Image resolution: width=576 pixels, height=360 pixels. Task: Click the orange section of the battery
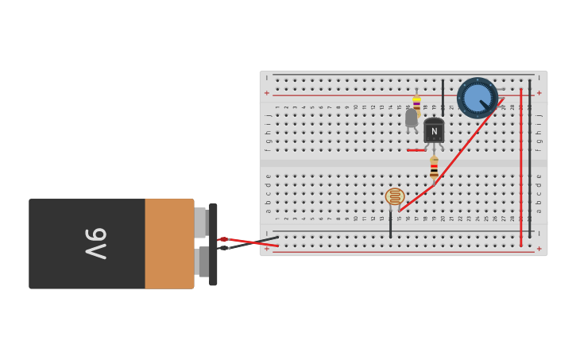pyautogui.click(x=169, y=243)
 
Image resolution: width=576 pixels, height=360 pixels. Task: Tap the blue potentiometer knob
pyautogui.click(x=477, y=97)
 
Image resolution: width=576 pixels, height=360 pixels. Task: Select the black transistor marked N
pyautogui.click(x=434, y=130)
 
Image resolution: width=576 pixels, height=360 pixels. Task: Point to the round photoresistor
pyautogui.click(x=395, y=196)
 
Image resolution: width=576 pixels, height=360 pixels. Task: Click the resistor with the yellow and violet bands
pyautogui.click(x=416, y=103)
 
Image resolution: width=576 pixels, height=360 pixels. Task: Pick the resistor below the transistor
pyautogui.click(x=434, y=168)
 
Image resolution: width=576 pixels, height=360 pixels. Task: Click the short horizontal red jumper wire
pyautogui.click(x=416, y=150)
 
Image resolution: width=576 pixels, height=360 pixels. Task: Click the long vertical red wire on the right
pyautogui.click(x=521, y=167)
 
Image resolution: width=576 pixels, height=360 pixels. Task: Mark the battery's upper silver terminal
pyautogui.click(x=201, y=223)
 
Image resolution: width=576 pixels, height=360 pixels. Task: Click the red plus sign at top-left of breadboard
pyautogui.click(x=267, y=93)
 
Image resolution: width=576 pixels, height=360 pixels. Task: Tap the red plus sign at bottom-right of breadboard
pyautogui.click(x=539, y=248)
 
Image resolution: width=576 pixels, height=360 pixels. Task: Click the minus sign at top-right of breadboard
pyautogui.click(x=539, y=78)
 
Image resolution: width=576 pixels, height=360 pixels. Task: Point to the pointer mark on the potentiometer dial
pyautogui.click(x=485, y=105)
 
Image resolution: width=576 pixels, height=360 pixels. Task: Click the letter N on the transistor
pyautogui.click(x=434, y=132)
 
